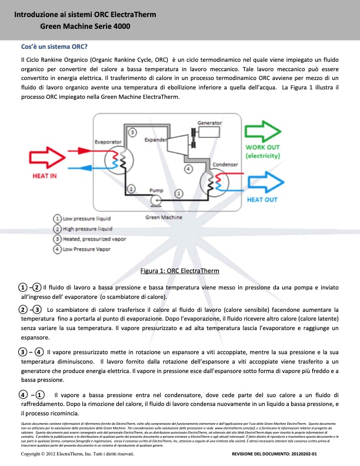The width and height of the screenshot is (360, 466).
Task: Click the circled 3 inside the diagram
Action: (x=133, y=133)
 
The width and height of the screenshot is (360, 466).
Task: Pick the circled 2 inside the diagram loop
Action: (x=131, y=189)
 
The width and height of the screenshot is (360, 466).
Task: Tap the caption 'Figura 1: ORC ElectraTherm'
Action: (x=180, y=271)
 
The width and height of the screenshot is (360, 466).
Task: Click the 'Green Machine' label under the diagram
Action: (x=164, y=218)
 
